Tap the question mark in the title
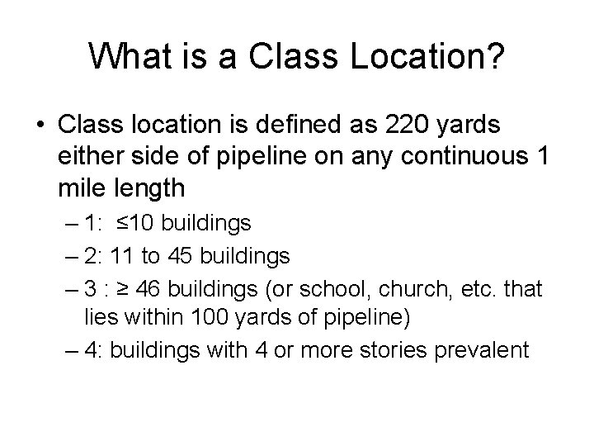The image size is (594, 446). [496, 56]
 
